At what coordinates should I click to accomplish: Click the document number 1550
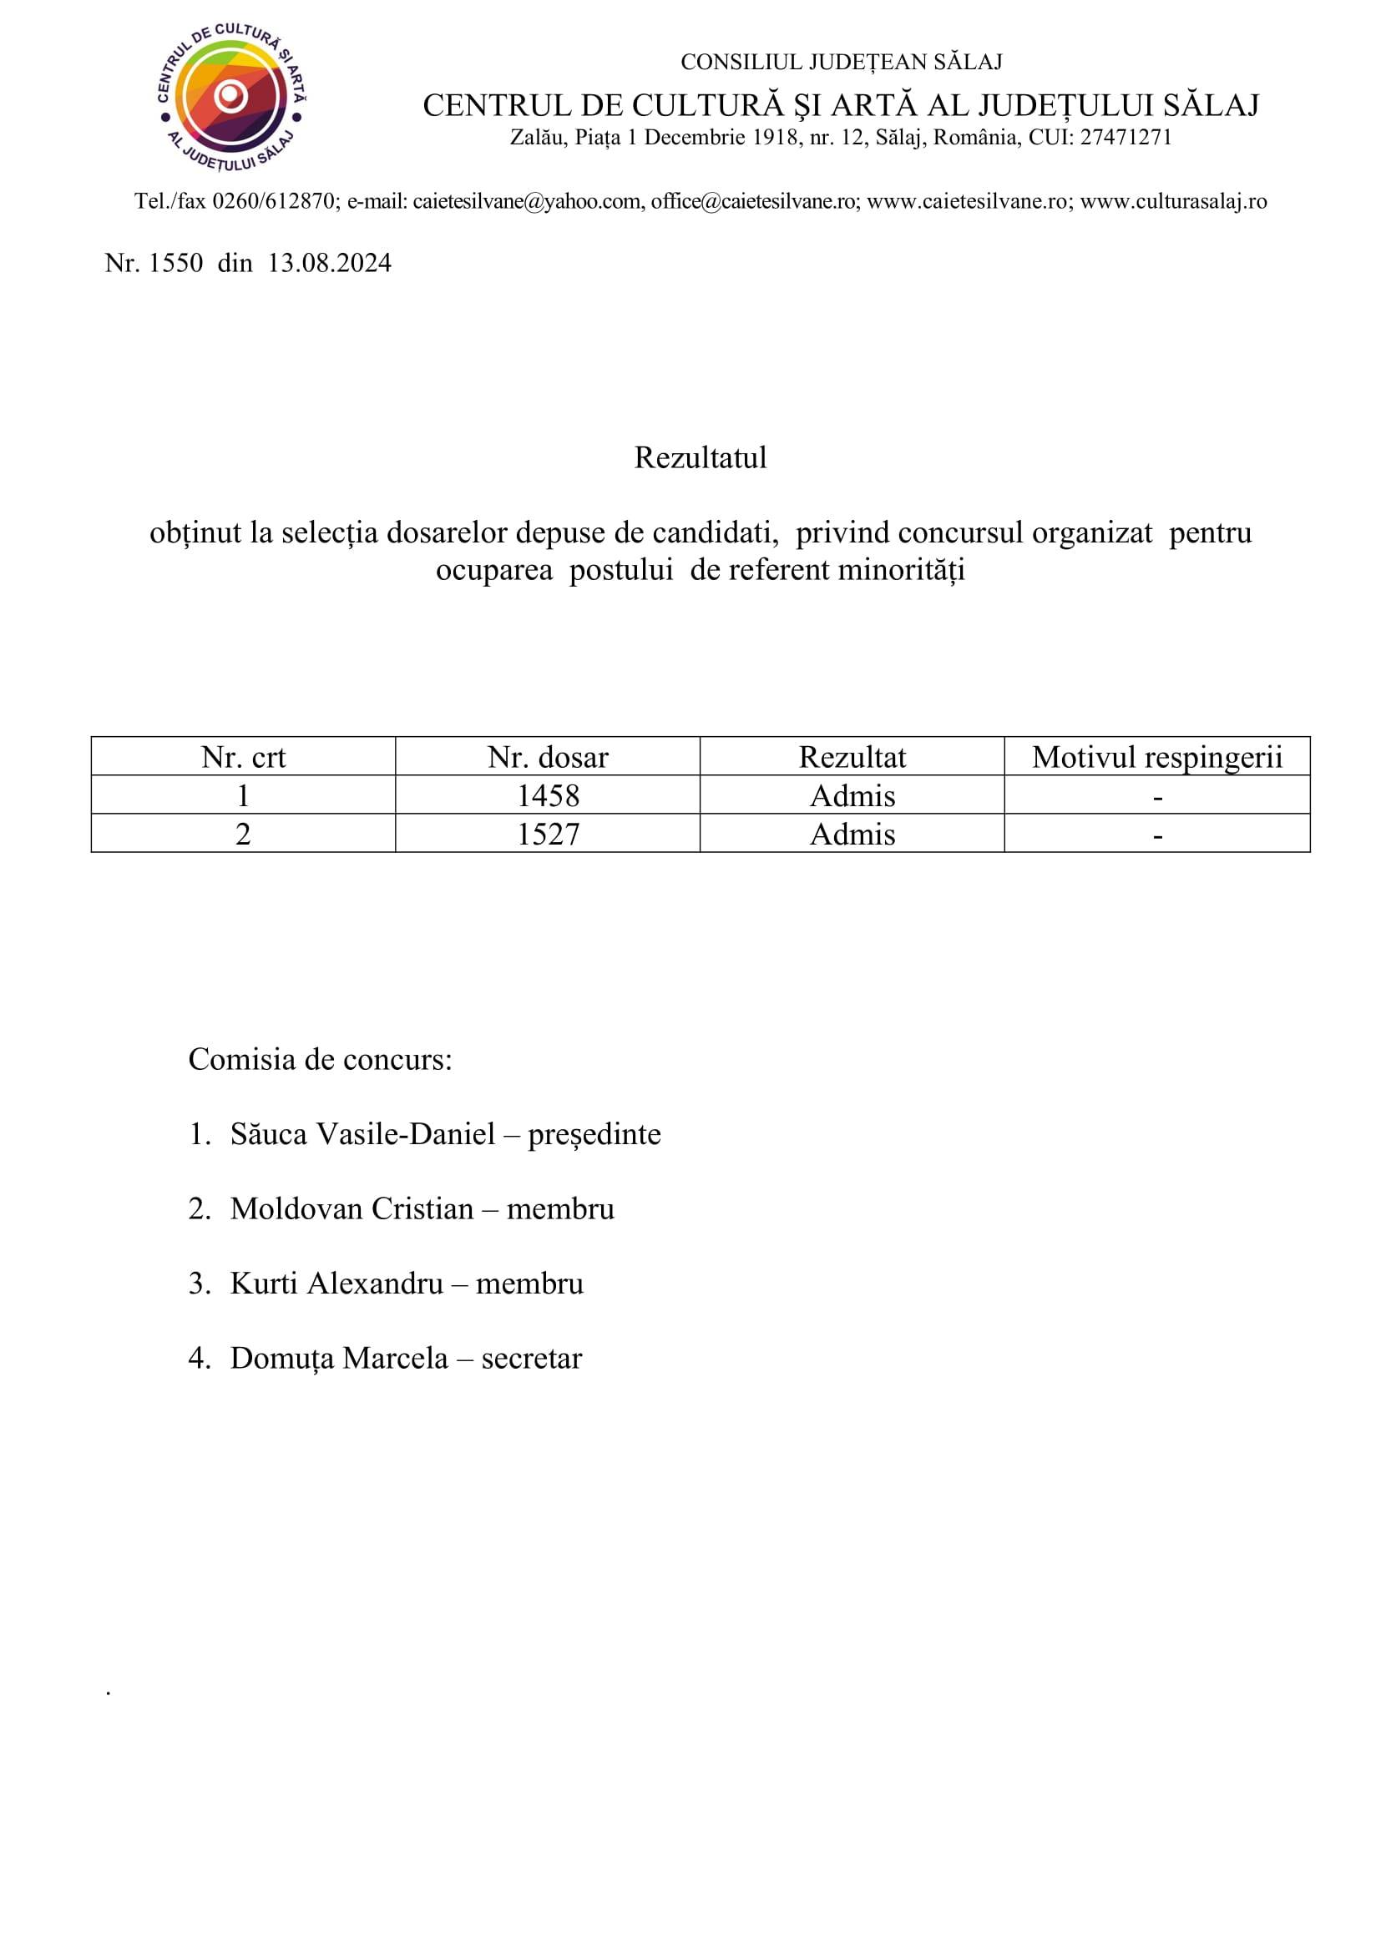tap(176, 264)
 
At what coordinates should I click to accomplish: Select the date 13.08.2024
tap(329, 264)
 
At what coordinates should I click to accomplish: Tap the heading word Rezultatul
tap(700, 457)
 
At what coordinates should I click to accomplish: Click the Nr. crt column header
tap(243, 757)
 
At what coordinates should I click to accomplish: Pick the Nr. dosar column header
tap(548, 757)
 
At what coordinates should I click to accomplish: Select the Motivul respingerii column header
tap(1156, 757)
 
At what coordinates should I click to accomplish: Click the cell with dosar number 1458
tap(548, 796)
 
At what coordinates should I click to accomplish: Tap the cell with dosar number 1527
tap(548, 834)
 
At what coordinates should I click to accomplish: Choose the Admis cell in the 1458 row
tap(852, 796)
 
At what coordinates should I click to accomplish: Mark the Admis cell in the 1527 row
tap(852, 834)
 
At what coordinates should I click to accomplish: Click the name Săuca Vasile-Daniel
tap(362, 1134)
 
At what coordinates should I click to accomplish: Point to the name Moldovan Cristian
tap(352, 1209)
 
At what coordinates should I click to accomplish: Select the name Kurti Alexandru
tap(336, 1284)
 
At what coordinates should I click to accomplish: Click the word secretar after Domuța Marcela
tap(532, 1359)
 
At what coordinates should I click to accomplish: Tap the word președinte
tap(594, 1134)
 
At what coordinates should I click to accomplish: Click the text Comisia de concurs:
tap(320, 1059)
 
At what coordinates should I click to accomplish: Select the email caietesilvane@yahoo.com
tap(527, 201)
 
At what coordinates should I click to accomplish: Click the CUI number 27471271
tap(1125, 138)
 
